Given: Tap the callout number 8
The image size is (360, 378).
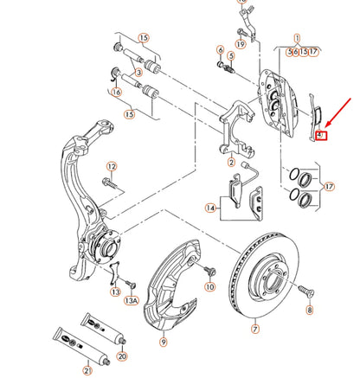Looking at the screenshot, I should tap(310, 309).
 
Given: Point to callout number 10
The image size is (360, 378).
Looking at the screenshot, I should tap(209, 285).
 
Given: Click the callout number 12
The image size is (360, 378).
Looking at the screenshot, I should tap(111, 165).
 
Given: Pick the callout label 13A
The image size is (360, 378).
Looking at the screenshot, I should tap(131, 300).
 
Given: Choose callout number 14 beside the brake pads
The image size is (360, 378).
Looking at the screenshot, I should tap(209, 208).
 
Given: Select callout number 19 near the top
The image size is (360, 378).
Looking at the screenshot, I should tap(241, 42).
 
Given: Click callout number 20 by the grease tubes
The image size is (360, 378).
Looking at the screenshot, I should tap(121, 356).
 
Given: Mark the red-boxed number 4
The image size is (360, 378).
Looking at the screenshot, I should tap(319, 135).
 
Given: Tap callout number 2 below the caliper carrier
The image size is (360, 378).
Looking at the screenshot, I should tap(231, 162).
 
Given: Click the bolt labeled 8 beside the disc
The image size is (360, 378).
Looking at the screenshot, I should tap(304, 291).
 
